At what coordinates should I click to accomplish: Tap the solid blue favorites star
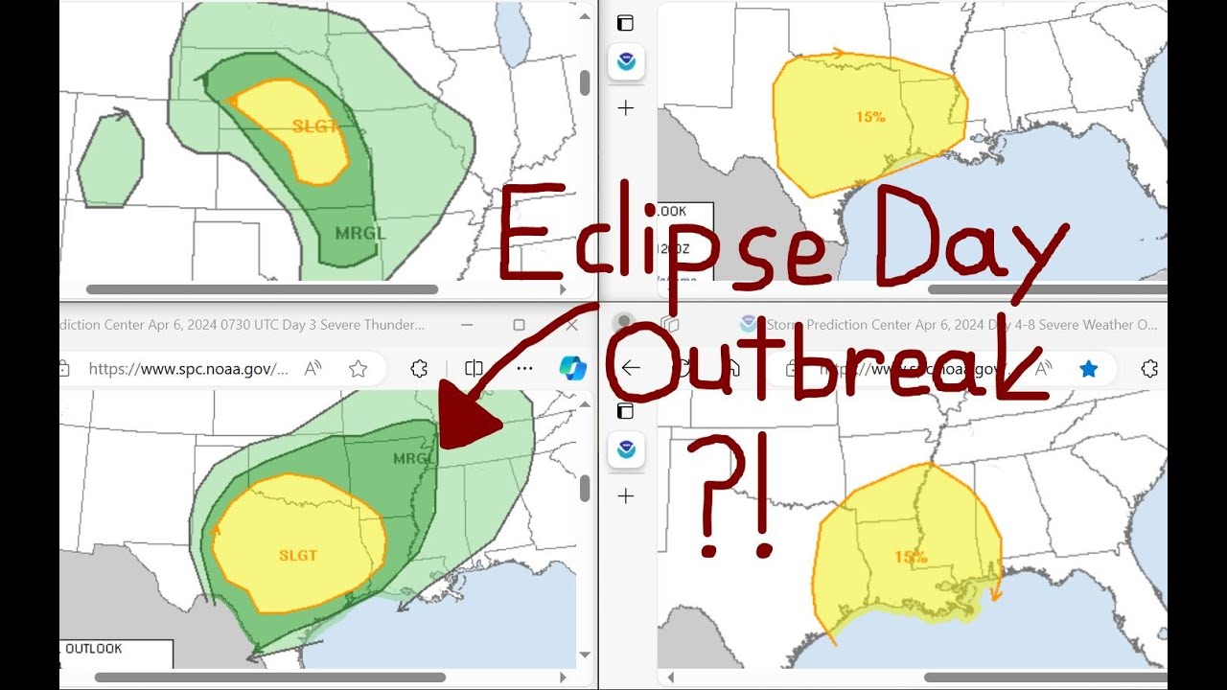tap(1089, 369)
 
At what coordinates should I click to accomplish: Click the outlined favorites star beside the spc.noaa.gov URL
tap(358, 369)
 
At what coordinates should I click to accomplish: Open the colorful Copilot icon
tap(572, 368)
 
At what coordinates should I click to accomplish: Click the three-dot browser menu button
tap(524, 368)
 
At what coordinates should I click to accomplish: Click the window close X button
tap(572, 325)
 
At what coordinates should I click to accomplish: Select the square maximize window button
tap(519, 325)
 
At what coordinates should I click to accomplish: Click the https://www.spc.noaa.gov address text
tap(188, 369)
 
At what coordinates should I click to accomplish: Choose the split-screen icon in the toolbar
tap(474, 368)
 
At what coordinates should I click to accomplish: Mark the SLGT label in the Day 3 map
tap(298, 555)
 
